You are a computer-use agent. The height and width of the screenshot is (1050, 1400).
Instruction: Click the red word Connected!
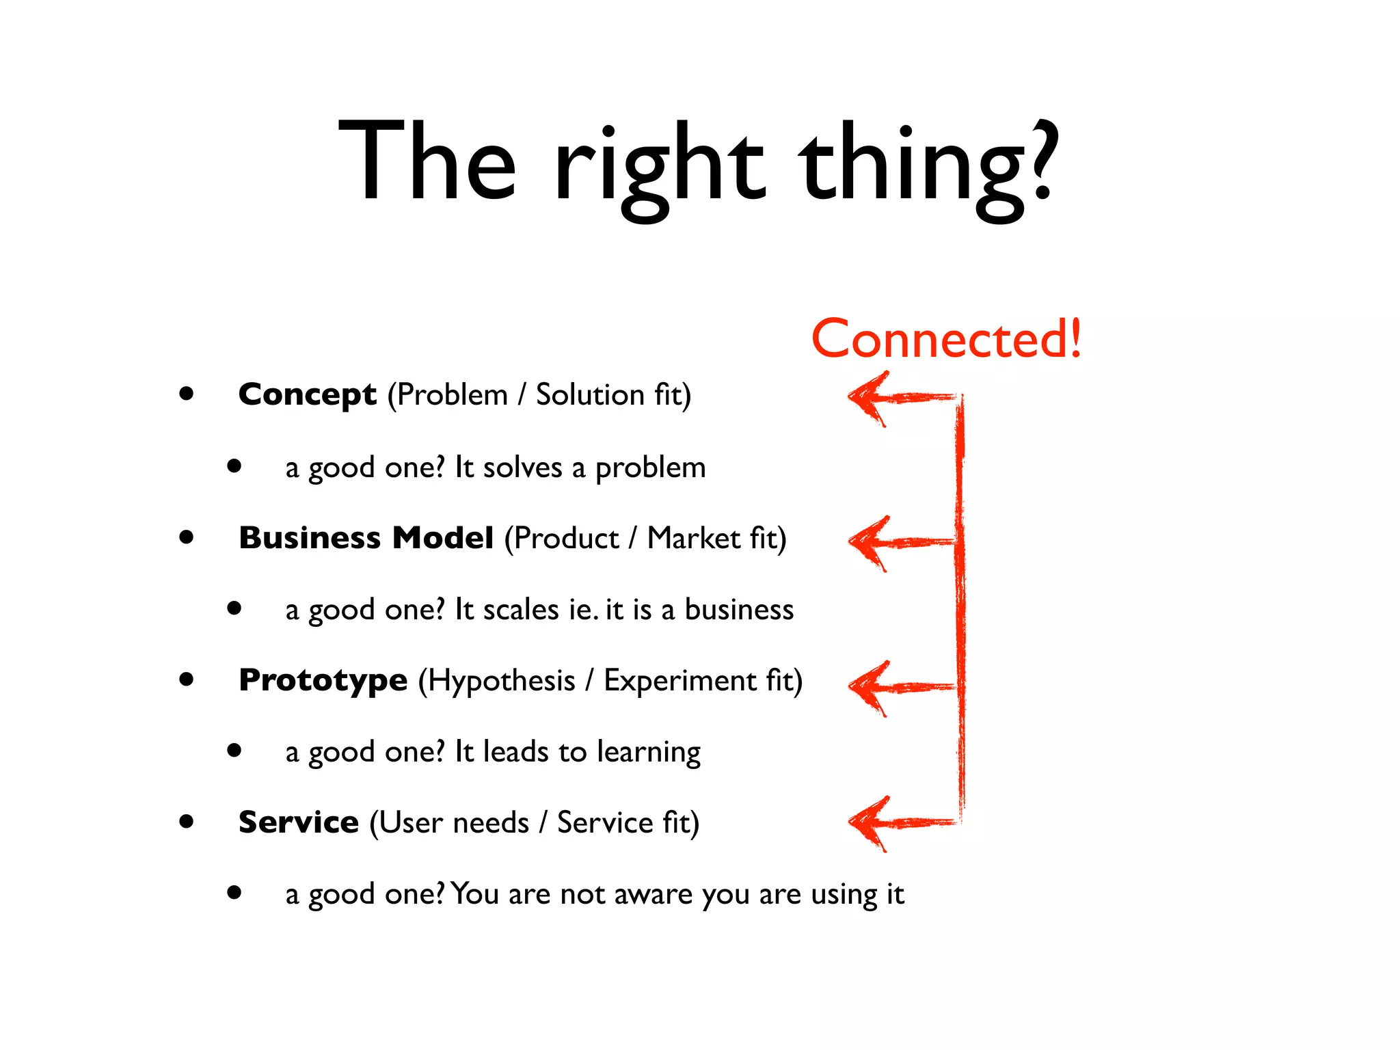tap(946, 339)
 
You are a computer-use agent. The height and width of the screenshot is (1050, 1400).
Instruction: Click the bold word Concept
tap(307, 394)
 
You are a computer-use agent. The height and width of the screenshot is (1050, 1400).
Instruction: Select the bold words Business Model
tap(366, 538)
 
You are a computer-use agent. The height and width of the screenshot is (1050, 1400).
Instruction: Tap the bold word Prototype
tap(323, 680)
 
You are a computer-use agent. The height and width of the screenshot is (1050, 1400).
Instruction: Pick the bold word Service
tap(298, 822)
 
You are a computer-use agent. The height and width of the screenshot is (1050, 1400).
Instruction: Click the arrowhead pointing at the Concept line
tap(867, 398)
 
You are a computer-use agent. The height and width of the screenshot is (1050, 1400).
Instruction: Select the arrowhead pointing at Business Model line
tap(867, 543)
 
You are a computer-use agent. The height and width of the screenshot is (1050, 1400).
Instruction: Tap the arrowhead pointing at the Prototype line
tap(867, 688)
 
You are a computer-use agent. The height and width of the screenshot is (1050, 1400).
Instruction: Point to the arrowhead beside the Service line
tap(867, 824)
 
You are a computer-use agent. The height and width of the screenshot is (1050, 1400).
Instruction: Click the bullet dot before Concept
tap(186, 394)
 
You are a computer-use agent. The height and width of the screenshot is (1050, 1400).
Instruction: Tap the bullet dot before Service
tap(186, 822)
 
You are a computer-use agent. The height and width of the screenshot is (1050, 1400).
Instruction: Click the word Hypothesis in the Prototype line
tap(502, 682)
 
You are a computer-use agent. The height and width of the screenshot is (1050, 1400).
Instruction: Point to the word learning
tap(649, 753)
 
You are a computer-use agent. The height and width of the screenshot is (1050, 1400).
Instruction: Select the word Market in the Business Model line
tap(693, 539)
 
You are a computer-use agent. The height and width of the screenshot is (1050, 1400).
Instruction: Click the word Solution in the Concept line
tap(590, 395)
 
